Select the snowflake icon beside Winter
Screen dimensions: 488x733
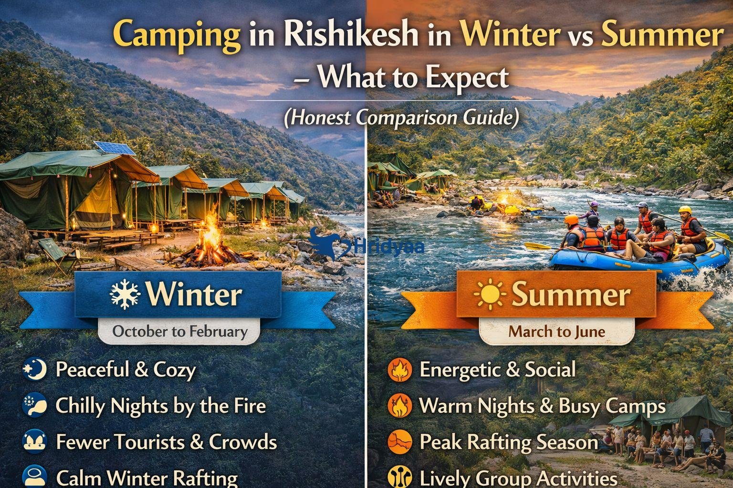(x=125, y=295)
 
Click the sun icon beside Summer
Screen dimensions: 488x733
(x=490, y=295)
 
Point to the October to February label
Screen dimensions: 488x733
(x=180, y=331)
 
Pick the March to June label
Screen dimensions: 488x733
(x=556, y=331)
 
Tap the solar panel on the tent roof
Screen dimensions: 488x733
(x=115, y=148)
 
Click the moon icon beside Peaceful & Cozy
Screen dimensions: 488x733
(x=35, y=369)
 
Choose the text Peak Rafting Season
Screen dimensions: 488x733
(x=508, y=442)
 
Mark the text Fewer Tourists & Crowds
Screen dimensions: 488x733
(x=166, y=442)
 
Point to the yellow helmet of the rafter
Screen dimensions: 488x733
(x=685, y=210)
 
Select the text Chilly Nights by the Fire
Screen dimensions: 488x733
(x=160, y=406)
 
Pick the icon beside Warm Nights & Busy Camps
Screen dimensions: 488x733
(x=399, y=406)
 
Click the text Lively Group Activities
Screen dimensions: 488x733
(x=518, y=478)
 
